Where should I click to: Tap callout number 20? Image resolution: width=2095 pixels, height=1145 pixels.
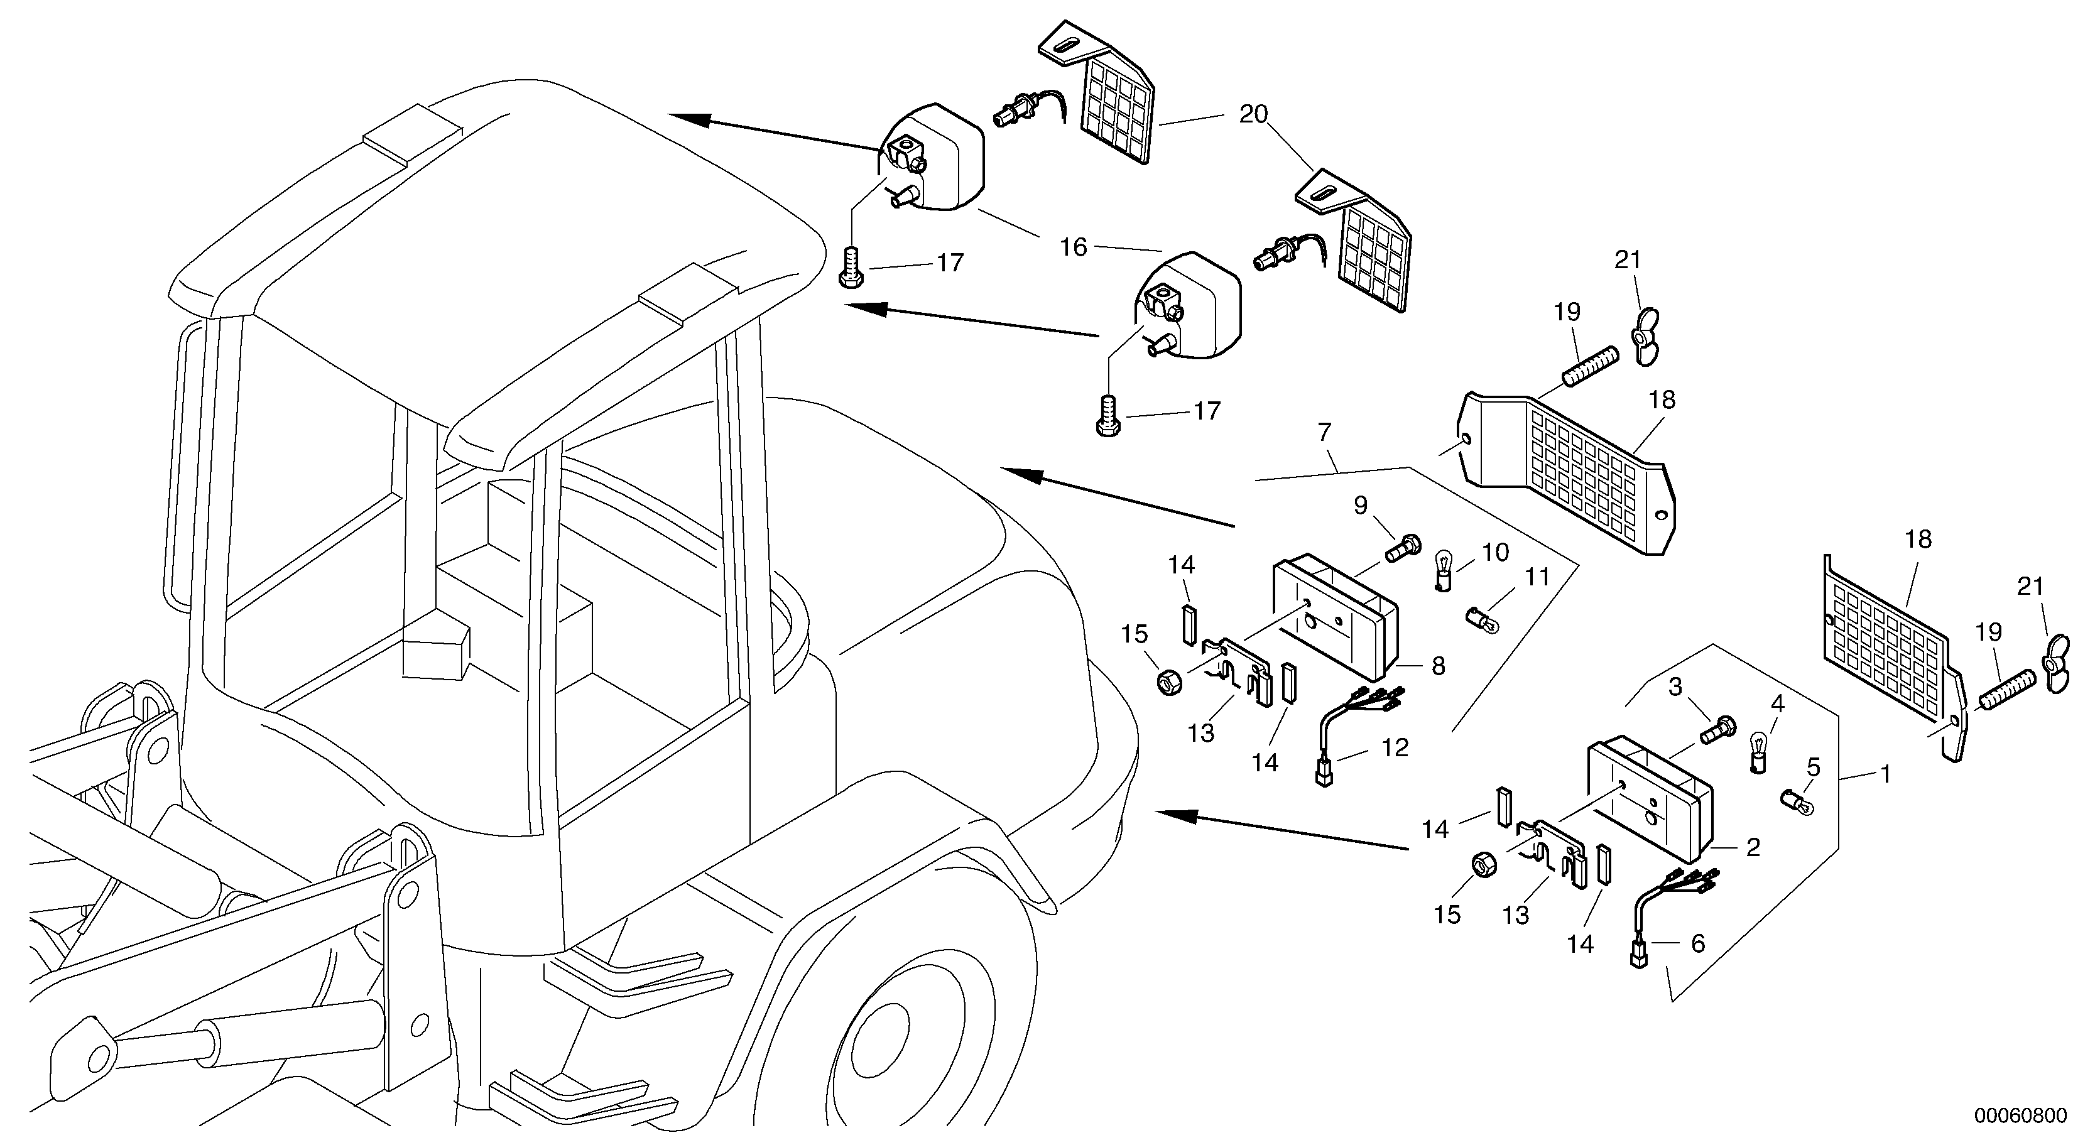point(1253,115)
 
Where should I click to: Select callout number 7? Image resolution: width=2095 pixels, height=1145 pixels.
point(1324,433)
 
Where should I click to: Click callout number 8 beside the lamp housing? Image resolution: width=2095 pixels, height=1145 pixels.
point(1438,666)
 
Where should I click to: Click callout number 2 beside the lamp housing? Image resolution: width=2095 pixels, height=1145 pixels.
point(1753,847)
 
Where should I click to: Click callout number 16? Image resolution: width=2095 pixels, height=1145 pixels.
point(1074,247)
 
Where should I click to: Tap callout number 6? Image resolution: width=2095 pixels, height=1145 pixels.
point(1697,943)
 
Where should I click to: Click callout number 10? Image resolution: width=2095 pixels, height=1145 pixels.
point(1495,553)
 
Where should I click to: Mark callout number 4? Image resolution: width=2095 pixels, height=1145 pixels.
point(1777,704)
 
